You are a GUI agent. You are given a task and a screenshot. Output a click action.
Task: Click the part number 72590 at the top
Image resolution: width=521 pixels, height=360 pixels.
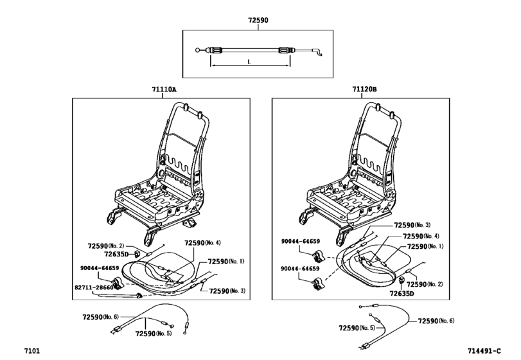pos(258,21)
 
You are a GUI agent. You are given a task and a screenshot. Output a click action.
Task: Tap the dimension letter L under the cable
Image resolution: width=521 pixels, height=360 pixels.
pos(249,62)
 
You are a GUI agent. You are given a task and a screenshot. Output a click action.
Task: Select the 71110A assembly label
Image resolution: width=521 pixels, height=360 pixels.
pos(164,89)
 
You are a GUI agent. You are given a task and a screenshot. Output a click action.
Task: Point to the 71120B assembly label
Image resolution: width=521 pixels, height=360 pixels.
pos(364,89)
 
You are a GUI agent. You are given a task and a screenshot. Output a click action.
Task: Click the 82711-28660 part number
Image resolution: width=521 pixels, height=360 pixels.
pos(94,287)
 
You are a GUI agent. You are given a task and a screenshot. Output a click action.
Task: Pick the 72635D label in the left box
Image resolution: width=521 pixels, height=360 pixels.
pos(116,255)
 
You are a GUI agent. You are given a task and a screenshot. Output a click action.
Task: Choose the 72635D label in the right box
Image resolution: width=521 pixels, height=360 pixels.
pos(402,294)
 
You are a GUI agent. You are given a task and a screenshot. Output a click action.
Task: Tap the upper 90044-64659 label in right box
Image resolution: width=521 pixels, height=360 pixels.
pos(301,241)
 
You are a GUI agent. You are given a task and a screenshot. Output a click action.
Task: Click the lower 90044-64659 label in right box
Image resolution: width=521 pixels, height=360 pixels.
pos(300,269)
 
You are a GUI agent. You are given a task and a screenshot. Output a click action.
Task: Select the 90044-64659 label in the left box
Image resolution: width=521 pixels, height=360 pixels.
pos(100,268)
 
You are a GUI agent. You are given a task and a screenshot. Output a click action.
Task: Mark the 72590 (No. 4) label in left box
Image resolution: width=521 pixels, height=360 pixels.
pos(202,243)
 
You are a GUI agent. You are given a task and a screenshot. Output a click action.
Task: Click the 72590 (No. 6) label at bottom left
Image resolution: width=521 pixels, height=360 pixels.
pos(100,317)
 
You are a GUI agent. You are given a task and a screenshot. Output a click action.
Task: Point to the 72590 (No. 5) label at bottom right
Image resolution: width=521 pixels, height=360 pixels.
pos(357,328)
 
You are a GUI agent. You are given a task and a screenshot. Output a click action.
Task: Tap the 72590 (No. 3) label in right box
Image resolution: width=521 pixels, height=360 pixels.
pos(412,225)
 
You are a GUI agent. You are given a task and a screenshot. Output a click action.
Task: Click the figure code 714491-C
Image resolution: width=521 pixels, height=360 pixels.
pos(484,351)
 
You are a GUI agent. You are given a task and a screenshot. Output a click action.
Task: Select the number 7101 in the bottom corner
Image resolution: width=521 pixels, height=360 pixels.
pos(32,351)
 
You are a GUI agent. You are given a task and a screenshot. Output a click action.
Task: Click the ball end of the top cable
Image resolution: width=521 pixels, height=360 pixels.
pos(198,51)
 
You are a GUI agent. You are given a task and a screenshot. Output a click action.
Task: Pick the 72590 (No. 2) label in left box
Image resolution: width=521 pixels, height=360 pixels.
pos(105,246)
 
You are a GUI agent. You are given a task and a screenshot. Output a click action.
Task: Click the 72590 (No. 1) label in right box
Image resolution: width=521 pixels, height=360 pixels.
pos(425,246)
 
